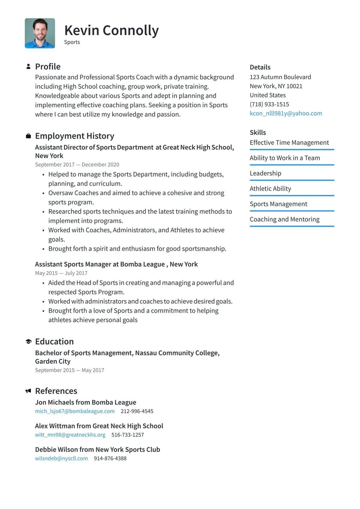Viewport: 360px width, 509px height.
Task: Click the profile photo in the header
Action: [40, 33]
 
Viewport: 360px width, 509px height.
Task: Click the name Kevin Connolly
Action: [111, 30]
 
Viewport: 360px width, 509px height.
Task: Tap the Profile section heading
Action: [48, 66]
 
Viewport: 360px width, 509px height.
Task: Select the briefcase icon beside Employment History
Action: [28, 136]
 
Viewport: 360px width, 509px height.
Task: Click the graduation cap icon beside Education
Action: [28, 342]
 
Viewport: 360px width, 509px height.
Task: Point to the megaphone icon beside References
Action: [28, 391]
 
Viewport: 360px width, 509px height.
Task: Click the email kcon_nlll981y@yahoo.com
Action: [286, 113]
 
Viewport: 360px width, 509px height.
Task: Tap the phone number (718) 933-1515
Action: [269, 104]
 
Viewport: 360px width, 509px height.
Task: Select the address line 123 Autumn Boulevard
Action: [280, 77]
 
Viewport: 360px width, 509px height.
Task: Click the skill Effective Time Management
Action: [289, 142]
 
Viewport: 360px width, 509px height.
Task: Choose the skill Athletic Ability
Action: [270, 188]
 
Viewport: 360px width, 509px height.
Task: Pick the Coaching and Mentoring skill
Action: [285, 219]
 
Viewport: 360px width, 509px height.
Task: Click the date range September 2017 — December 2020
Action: [77, 165]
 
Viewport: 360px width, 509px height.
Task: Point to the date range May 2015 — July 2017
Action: [61, 273]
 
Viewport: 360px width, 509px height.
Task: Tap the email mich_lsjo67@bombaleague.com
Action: [75, 411]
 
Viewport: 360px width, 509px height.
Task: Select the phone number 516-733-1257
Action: [128, 435]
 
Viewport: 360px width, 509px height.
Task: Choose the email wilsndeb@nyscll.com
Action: [61, 458]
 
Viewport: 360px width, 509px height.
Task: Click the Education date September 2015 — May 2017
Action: [69, 370]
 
